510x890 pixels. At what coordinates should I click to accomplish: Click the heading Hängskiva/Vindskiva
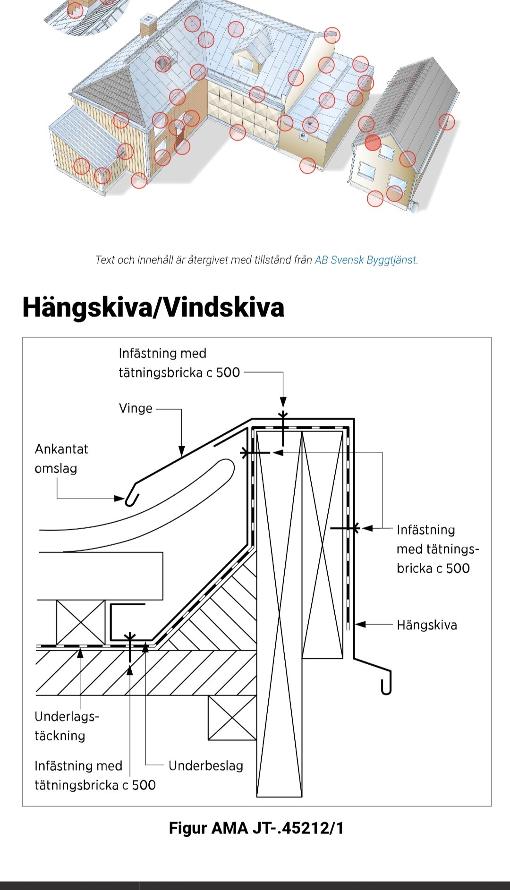(153, 307)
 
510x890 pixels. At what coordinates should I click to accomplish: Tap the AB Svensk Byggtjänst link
(366, 260)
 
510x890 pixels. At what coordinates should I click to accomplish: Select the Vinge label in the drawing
(136, 408)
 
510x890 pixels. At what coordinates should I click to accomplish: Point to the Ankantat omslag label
(61, 458)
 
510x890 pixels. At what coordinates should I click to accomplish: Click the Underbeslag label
(205, 765)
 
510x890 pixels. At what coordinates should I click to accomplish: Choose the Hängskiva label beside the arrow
(426, 625)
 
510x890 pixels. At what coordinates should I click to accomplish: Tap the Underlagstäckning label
(66, 726)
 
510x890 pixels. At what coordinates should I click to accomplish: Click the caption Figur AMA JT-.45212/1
(256, 828)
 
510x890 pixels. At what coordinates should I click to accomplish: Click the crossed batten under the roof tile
(81, 622)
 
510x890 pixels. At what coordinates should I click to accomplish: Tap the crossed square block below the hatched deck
(232, 718)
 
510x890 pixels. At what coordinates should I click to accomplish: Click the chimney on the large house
(148, 25)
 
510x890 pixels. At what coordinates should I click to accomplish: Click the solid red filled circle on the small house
(373, 142)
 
